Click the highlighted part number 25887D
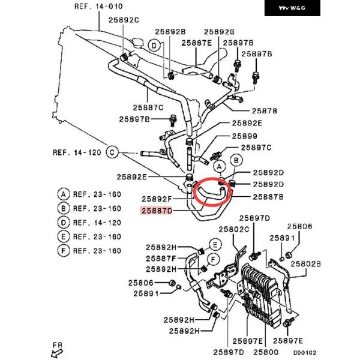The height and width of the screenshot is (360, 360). tap(157, 211)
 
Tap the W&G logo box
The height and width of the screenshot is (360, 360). tap(292, 8)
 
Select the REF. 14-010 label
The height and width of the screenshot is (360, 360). tap(98, 7)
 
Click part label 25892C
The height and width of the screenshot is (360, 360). tap(124, 20)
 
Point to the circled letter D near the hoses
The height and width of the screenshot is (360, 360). tap(154, 46)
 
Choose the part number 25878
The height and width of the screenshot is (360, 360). tap(265, 111)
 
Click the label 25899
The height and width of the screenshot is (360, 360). tap(245, 136)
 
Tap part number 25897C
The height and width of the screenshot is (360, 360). tap(256, 148)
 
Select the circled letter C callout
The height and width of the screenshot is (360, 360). tap(112, 152)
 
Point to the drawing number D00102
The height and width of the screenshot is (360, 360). tap(305, 353)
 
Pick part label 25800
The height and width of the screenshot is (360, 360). tap(266, 352)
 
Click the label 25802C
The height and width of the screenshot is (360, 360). tap(234, 229)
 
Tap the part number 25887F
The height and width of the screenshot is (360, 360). tap(161, 259)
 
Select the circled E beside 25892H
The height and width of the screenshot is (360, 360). tap(215, 245)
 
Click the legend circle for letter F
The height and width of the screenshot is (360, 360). tap(64, 251)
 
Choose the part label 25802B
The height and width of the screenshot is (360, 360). tap(305, 264)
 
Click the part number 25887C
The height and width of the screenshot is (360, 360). tap(148, 107)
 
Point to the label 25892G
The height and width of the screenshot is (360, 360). tap(219, 32)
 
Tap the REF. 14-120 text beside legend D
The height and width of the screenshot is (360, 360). tap(97, 223)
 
